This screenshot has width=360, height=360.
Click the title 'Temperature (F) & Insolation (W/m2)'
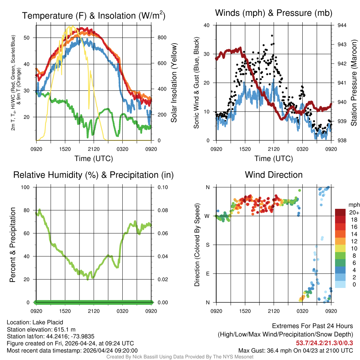(94, 16)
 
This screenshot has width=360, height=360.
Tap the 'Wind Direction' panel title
(274, 175)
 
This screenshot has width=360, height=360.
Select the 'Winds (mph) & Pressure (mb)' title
(274, 13)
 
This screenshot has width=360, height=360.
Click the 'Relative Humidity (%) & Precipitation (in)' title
(94, 175)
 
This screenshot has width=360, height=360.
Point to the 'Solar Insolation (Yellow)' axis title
(174, 83)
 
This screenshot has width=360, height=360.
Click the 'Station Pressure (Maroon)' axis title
(354, 83)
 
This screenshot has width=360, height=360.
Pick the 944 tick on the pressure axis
(342, 25)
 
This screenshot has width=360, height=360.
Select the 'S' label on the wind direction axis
(208, 245)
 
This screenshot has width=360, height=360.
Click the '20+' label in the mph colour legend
(353, 212)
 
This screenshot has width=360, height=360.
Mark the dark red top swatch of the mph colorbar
(341, 212)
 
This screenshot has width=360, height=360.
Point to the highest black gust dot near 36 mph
(272, 36)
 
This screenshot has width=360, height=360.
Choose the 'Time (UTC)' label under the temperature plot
(94, 159)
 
